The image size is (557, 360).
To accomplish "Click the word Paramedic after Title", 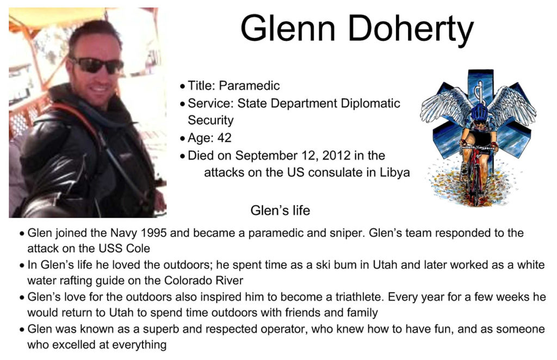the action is click(x=249, y=85).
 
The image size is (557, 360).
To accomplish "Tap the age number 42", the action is click(x=224, y=138).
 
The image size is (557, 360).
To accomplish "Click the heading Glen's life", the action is click(x=280, y=210).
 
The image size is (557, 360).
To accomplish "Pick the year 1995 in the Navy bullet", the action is click(x=154, y=233).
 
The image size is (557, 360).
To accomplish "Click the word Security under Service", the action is click(x=211, y=120).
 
